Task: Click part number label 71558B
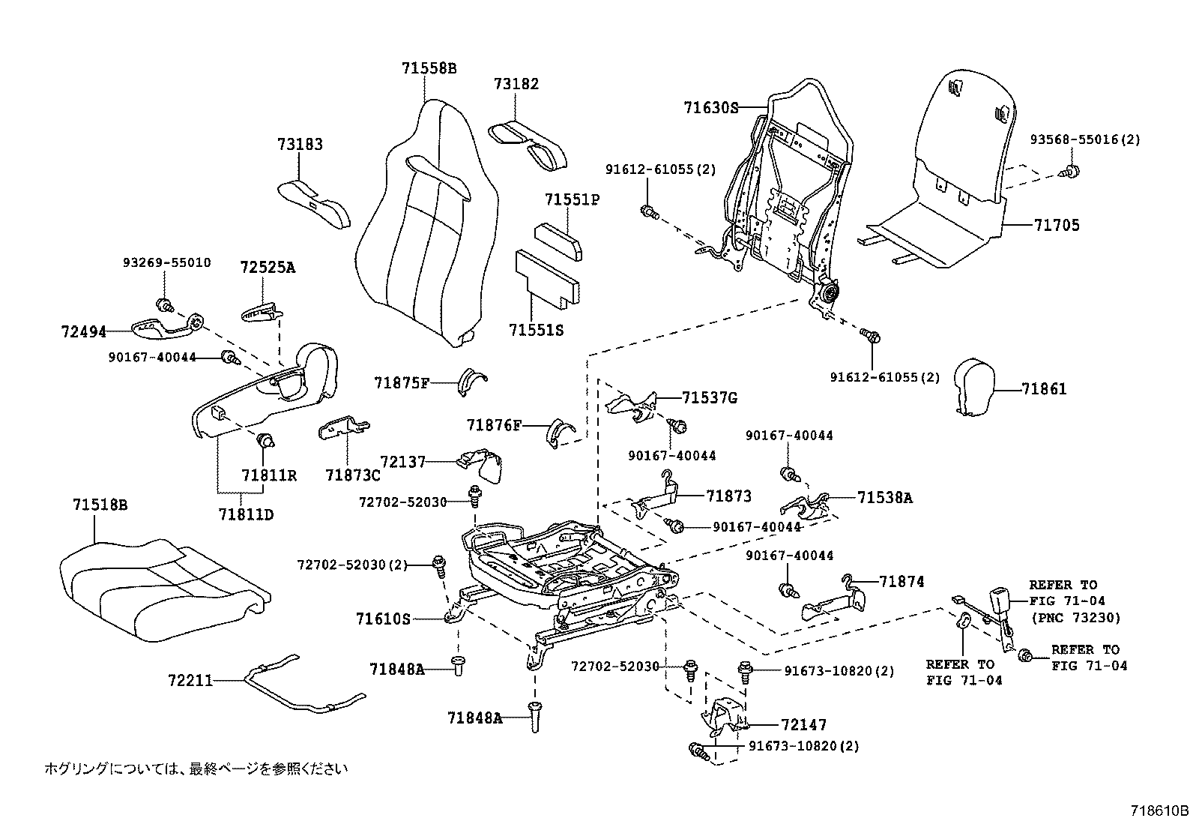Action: (429, 68)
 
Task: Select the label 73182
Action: (516, 85)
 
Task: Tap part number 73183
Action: (300, 145)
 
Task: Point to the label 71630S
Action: (710, 108)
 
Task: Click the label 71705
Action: (1057, 225)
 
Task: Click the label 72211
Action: (190, 680)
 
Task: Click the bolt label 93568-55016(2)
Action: (1084, 139)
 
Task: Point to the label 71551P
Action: (573, 200)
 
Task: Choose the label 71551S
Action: (536, 329)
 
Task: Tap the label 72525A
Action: (268, 268)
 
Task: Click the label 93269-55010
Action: (166, 263)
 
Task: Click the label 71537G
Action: (709, 398)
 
